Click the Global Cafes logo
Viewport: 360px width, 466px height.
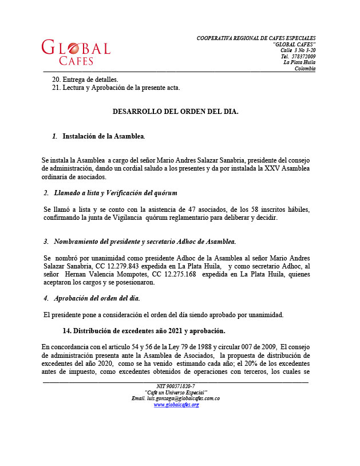[x=76, y=52]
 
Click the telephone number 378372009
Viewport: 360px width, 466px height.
[x=303, y=56]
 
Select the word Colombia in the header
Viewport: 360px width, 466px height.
[x=304, y=69]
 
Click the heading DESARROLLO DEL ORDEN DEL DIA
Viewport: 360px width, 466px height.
[x=175, y=112]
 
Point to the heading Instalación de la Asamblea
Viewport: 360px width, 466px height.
[x=103, y=136]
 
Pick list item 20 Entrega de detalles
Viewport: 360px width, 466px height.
[x=85, y=78]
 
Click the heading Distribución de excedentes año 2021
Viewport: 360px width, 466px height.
[x=144, y=331]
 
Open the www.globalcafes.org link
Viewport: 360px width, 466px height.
[x=176, y=405]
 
